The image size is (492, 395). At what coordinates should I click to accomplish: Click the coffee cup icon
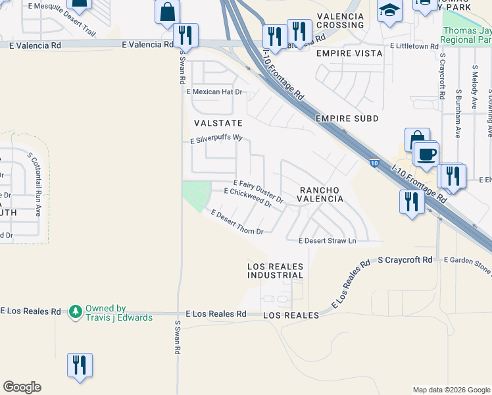[x=426, y=153]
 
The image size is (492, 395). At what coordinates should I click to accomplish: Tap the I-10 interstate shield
[x=374, y=163]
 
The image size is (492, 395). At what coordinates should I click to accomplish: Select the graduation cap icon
[x=389, y=11]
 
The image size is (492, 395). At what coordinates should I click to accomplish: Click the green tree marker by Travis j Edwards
[x=76, y=309]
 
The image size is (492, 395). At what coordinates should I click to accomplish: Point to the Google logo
[x=22, y=387]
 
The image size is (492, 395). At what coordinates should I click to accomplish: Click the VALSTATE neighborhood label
[x=218, y=123]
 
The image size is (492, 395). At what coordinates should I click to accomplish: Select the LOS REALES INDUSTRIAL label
[x=276, y=271]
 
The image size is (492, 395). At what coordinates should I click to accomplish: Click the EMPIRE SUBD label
[x=347, y=118]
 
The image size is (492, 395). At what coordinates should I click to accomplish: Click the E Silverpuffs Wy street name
[x=216, y=140]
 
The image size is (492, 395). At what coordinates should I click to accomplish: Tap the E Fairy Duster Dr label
[x=258, y=190]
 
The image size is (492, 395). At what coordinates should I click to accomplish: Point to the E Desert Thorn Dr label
[x=237, y=223]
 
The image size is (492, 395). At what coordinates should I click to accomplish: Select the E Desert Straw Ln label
[x=327, y=241]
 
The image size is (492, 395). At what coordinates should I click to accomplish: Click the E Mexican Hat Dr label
[x=214, y=92]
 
